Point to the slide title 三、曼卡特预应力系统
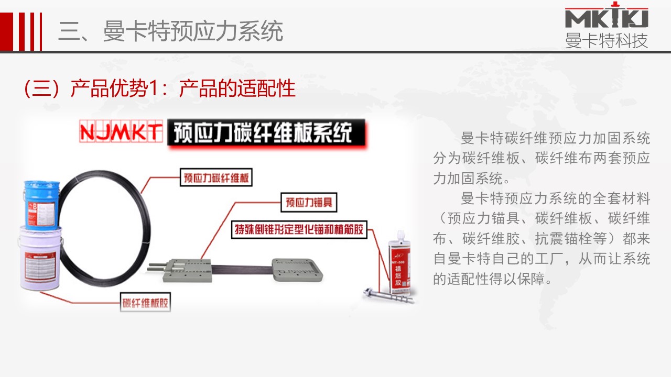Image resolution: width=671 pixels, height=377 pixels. pos(170,31)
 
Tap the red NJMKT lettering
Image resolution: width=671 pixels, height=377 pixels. pos(120,131)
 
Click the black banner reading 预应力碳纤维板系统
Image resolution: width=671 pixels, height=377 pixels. pos(266,133)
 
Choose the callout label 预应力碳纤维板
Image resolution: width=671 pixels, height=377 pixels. pos(215,178)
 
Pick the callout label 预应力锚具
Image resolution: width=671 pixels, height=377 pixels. pos(309,203)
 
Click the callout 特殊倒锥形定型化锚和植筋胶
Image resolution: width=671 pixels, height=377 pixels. pos(299,230)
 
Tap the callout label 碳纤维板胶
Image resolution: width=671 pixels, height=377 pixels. pos(146,303)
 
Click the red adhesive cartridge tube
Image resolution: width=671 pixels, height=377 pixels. pos(398,265)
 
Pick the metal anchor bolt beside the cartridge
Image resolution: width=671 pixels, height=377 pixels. pos(388,296)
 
